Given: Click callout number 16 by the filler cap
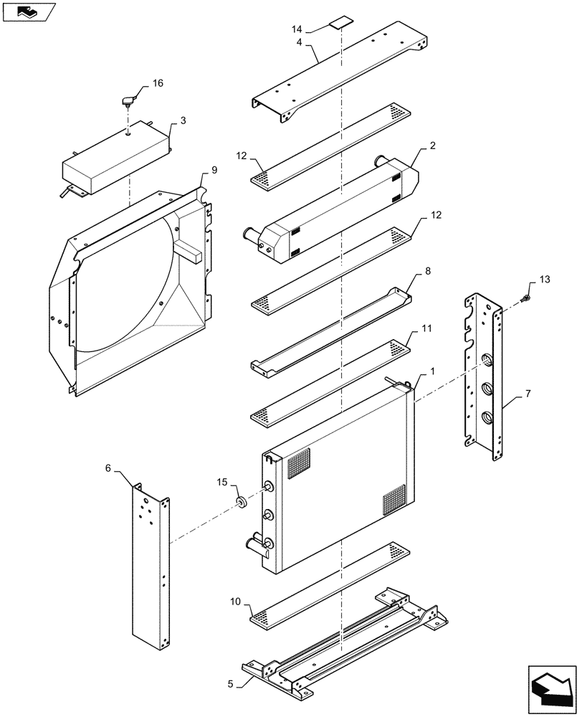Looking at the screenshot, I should (158, 83).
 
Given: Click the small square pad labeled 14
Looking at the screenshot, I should (338, 23).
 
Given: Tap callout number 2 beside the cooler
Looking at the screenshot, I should (433, 146).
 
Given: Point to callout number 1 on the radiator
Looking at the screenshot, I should (432, 371).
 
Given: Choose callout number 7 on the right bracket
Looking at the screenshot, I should (528, 394).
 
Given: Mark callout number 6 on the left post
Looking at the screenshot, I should (108, 467).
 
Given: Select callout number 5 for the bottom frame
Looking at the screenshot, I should (230, 683).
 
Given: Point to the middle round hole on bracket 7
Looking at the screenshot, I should (487, 389).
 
